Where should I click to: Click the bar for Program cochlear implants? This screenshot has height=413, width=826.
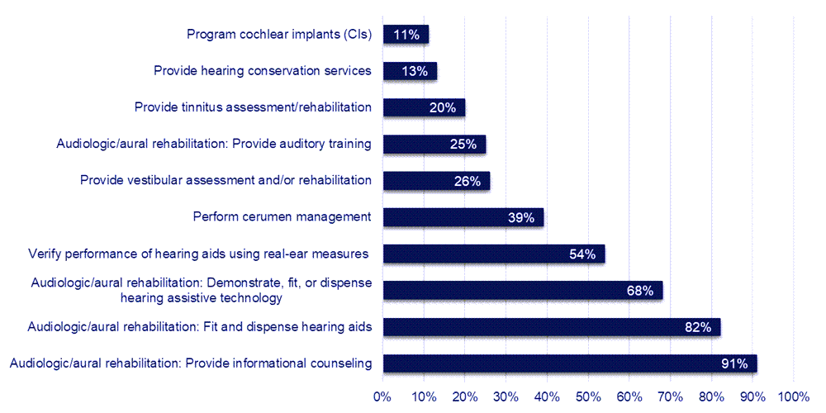[405, 35]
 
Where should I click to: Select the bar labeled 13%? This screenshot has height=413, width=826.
[410, 71]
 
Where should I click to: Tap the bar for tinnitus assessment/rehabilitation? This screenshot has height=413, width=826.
[424, 107]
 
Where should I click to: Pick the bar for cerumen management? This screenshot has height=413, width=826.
[463, 217]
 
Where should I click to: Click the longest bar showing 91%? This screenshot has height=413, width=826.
[569, 363]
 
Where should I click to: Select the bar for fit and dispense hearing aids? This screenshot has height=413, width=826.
[551, 327]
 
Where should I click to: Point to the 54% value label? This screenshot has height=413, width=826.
[582, 254]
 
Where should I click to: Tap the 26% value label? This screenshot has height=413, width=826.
[468, 181]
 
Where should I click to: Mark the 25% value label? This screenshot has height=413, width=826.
[463, 145]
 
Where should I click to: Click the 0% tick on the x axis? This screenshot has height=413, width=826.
[382, 396]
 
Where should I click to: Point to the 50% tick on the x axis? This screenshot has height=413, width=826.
[588, 396]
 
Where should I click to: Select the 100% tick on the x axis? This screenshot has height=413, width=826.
[794, 396]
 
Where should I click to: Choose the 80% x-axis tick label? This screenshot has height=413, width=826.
[711, 396]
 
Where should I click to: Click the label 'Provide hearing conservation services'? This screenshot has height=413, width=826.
[263, 71]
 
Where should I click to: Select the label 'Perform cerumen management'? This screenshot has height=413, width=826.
[282, 217]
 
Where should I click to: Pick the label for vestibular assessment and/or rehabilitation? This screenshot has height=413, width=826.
[225, 180]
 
